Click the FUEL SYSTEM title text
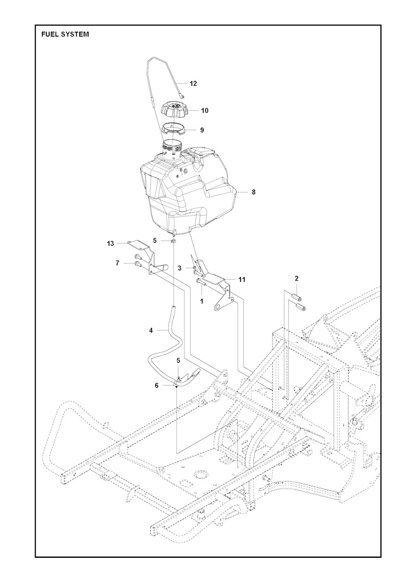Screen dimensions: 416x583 coord(65,35)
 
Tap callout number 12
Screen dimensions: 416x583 coord(193,83)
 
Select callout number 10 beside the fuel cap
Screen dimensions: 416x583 coord(205,111)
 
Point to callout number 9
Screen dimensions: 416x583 coord(202,130)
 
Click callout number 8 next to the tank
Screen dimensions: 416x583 coord(253,192)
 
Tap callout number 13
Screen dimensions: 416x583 coord(110,244)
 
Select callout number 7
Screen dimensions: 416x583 coord(117,263)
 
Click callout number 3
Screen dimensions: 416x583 coord(180,268)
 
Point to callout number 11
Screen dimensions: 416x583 coord(242,280)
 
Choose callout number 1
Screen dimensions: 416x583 coord(201,301)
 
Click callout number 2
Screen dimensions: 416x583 coord(297,278)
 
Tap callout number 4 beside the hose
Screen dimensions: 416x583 coord(151,330)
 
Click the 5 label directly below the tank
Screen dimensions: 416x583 coord(155,241)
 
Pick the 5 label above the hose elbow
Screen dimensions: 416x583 coord(178,361)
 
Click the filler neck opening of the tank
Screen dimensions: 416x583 coord(172,142)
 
